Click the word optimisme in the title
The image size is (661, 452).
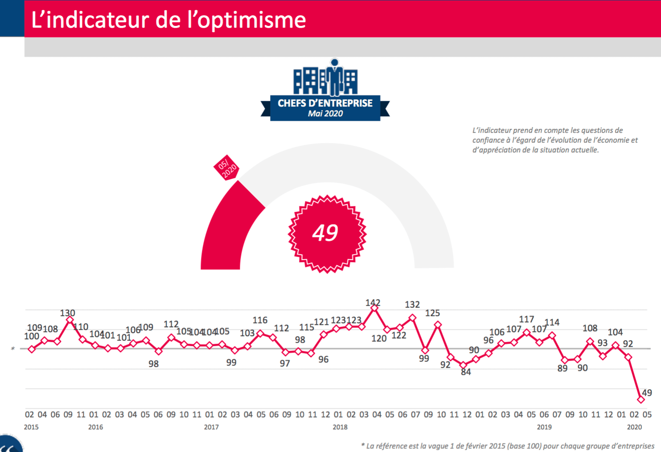point(252,20)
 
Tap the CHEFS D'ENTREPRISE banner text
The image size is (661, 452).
point(325,103)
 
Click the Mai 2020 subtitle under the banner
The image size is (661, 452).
point(325,114)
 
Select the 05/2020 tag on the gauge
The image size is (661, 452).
point(226,168)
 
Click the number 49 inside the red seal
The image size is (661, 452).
point(325,233)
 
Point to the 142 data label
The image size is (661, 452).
point(373,303)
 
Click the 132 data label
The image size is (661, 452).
point(412,304)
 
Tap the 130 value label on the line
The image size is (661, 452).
point(67,313)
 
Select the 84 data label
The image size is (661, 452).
point(466,372)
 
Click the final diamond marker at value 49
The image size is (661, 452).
point(641,399)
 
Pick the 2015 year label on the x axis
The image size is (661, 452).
point(31,427)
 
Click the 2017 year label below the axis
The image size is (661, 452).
point(211,427)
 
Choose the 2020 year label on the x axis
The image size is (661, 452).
point(634,427)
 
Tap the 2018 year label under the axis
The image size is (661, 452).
point(340,427)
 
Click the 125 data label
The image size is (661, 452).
point(432,313)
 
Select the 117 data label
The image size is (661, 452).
point(526,319)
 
